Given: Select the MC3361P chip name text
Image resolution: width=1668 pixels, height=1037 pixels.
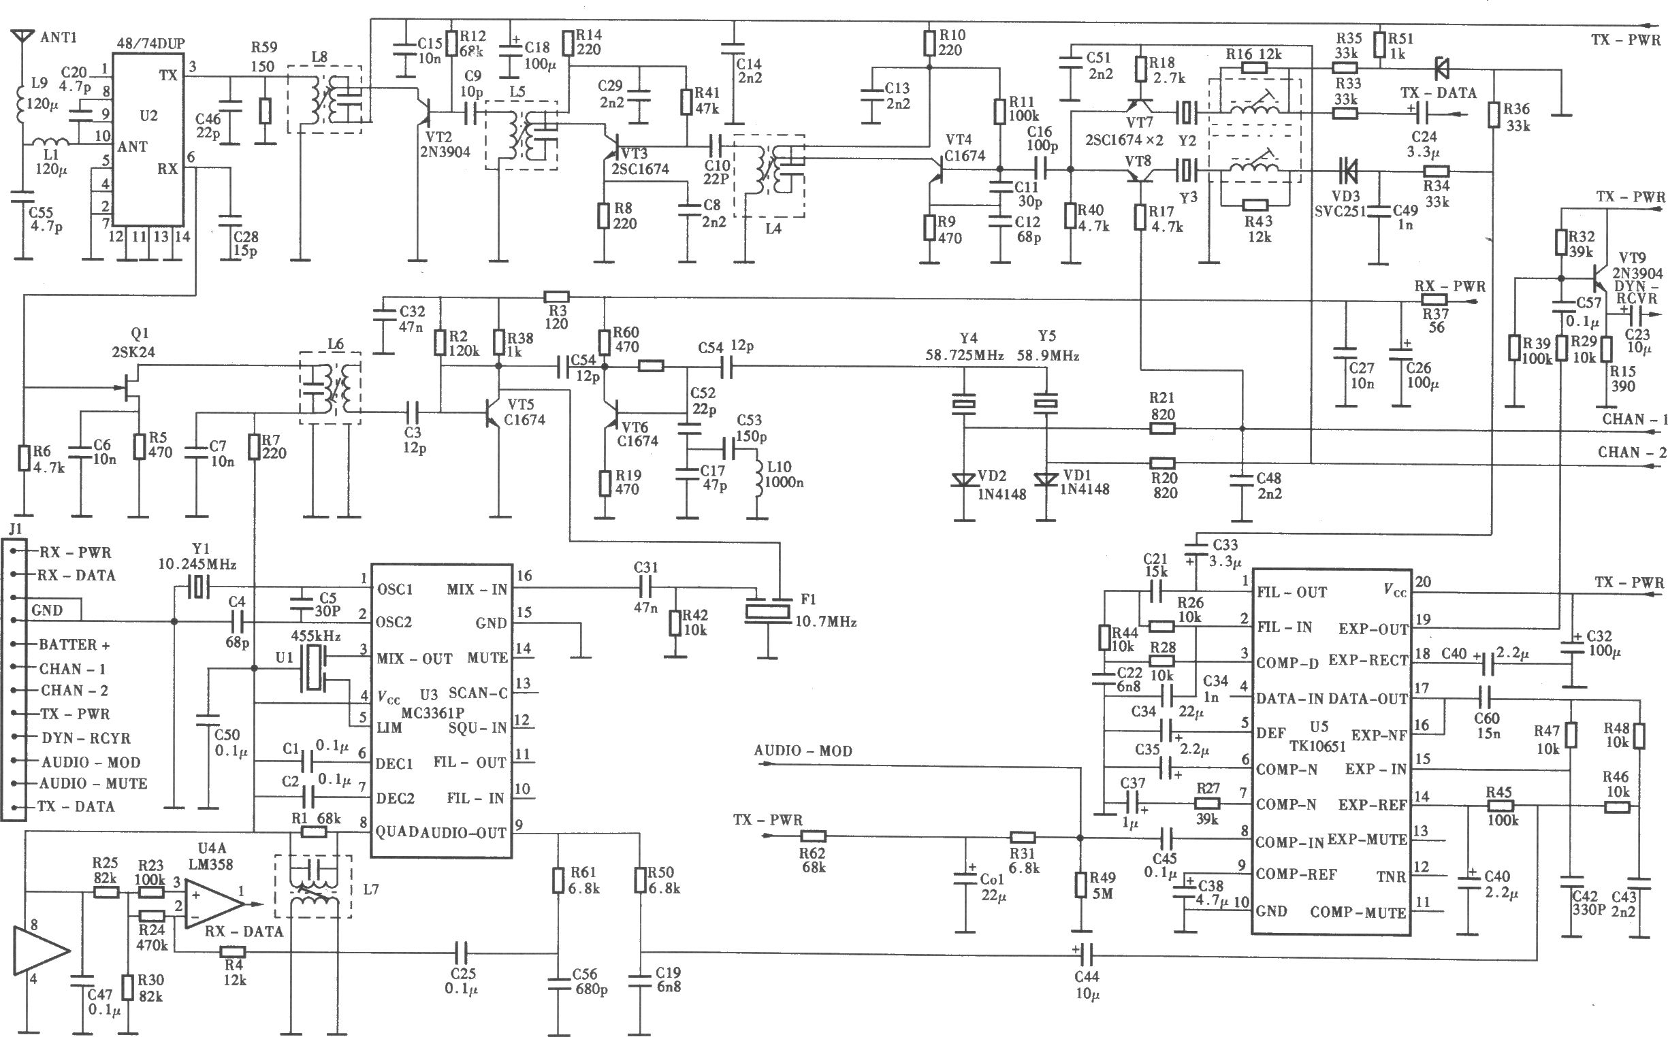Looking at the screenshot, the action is tap(433, 713).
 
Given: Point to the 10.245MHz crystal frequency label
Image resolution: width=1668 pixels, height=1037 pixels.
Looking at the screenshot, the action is tap(197, 565).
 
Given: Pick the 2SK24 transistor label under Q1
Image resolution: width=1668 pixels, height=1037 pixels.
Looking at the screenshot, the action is tap(134, 352).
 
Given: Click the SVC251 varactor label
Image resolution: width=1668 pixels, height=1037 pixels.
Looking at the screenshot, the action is tap(1340, 212).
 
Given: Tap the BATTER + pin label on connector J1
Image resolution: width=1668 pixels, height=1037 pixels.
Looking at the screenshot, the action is tap(74, 644).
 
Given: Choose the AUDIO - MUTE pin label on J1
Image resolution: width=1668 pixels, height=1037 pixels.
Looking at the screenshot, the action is tap(93, 783).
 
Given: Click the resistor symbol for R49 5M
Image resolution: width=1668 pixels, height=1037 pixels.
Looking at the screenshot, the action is tap(1080, 885).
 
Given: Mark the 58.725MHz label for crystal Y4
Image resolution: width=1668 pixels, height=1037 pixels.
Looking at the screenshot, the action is tap(965, 356).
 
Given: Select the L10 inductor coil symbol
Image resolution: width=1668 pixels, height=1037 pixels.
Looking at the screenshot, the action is tap(759, 474).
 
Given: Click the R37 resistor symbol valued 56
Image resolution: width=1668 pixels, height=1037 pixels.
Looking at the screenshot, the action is tap(1433, 299).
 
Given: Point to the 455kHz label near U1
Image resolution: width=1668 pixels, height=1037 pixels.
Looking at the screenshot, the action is tap(316, 634).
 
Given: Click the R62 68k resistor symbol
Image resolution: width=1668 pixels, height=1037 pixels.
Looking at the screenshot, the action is tap(813, 836).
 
